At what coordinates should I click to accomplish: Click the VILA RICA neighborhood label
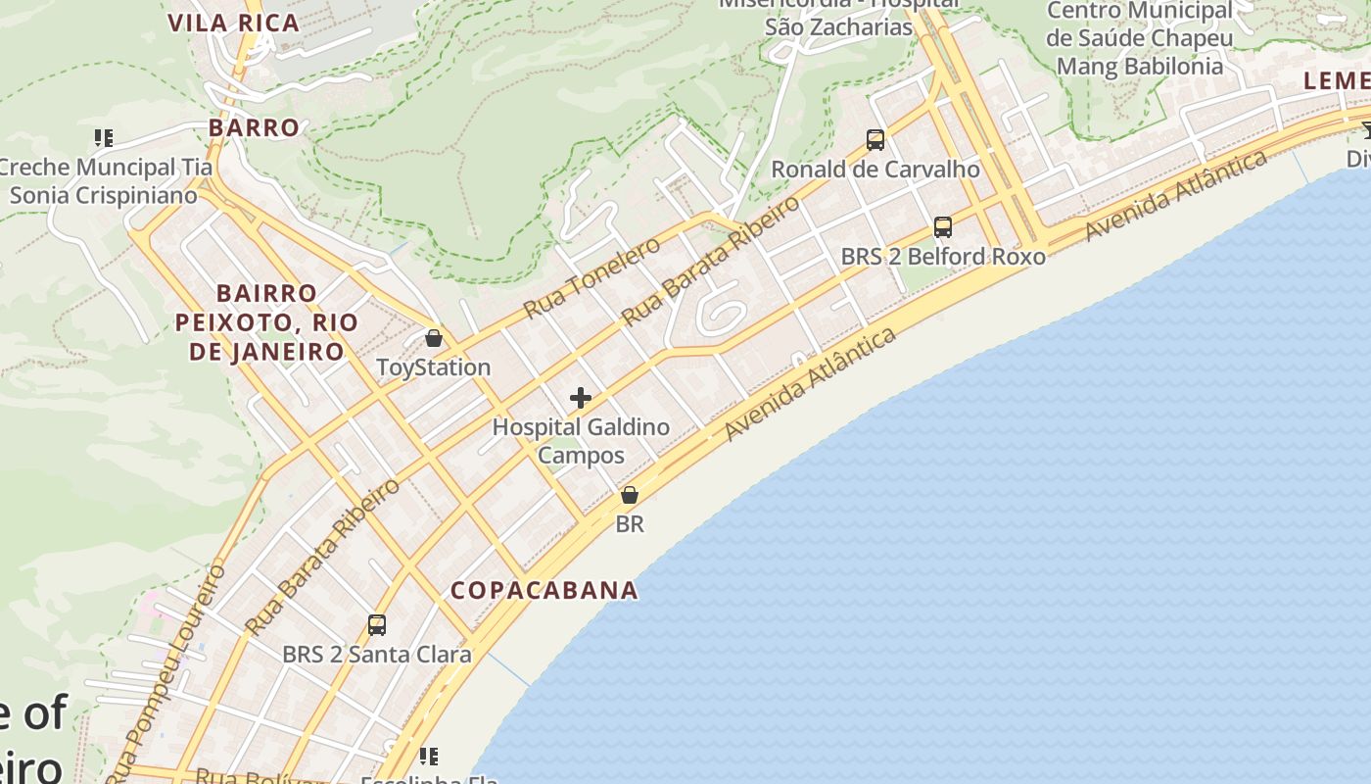coord(233,23)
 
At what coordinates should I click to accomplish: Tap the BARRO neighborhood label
coord(254,127)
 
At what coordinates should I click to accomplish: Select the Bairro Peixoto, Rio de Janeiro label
coord(266,322)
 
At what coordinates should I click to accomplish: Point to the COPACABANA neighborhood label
coord(544,590)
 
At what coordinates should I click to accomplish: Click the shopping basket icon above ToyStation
coord(434,338)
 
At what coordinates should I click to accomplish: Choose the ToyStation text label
coord(434,367)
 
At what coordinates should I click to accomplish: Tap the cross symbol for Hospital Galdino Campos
coord(581,398)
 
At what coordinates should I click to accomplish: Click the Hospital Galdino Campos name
coord(581,441)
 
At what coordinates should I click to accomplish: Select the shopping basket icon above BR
coord(630,495)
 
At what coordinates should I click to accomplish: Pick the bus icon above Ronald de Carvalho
coord(875,140)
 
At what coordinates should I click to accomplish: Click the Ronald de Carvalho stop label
coord(875,170)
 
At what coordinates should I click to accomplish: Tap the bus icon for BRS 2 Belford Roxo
coord(943,227)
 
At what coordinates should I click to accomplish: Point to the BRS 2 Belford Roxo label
coord(943,257)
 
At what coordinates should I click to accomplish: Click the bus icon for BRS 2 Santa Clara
coord(377,624)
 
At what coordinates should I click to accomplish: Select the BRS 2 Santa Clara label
coord(377,654)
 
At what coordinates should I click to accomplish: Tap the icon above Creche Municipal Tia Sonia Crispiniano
coord(104,138)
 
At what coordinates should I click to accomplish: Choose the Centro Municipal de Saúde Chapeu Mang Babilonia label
coord(1140,39)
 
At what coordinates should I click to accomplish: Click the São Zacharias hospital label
coord(838,26)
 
